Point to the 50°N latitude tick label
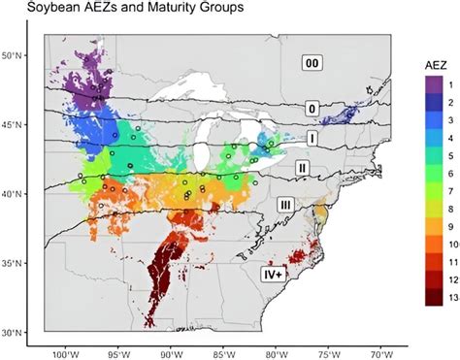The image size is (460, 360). pos(15,55)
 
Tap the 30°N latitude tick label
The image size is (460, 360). pos(15,333)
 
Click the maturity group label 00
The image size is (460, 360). pos(311,63)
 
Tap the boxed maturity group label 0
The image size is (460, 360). pos(312,108)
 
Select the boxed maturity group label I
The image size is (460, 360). pos(312,138)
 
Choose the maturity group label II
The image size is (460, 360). pos(303,168)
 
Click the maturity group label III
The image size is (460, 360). pos(285,204)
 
